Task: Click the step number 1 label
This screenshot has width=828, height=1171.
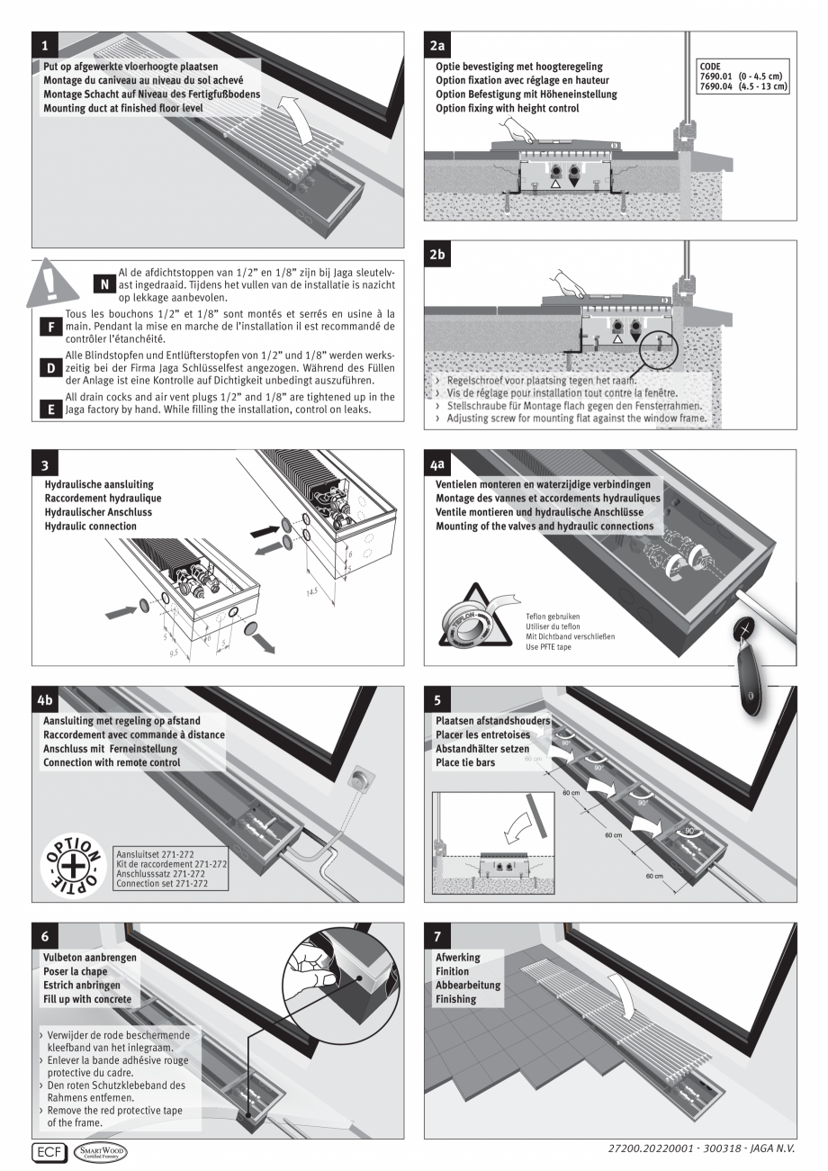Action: tap(45, 43)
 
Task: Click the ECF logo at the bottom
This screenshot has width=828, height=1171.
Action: tap(45, 1151)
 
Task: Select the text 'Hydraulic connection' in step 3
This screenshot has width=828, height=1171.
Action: tap(90, 526)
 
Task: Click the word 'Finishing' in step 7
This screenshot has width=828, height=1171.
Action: tap(456, 999)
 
